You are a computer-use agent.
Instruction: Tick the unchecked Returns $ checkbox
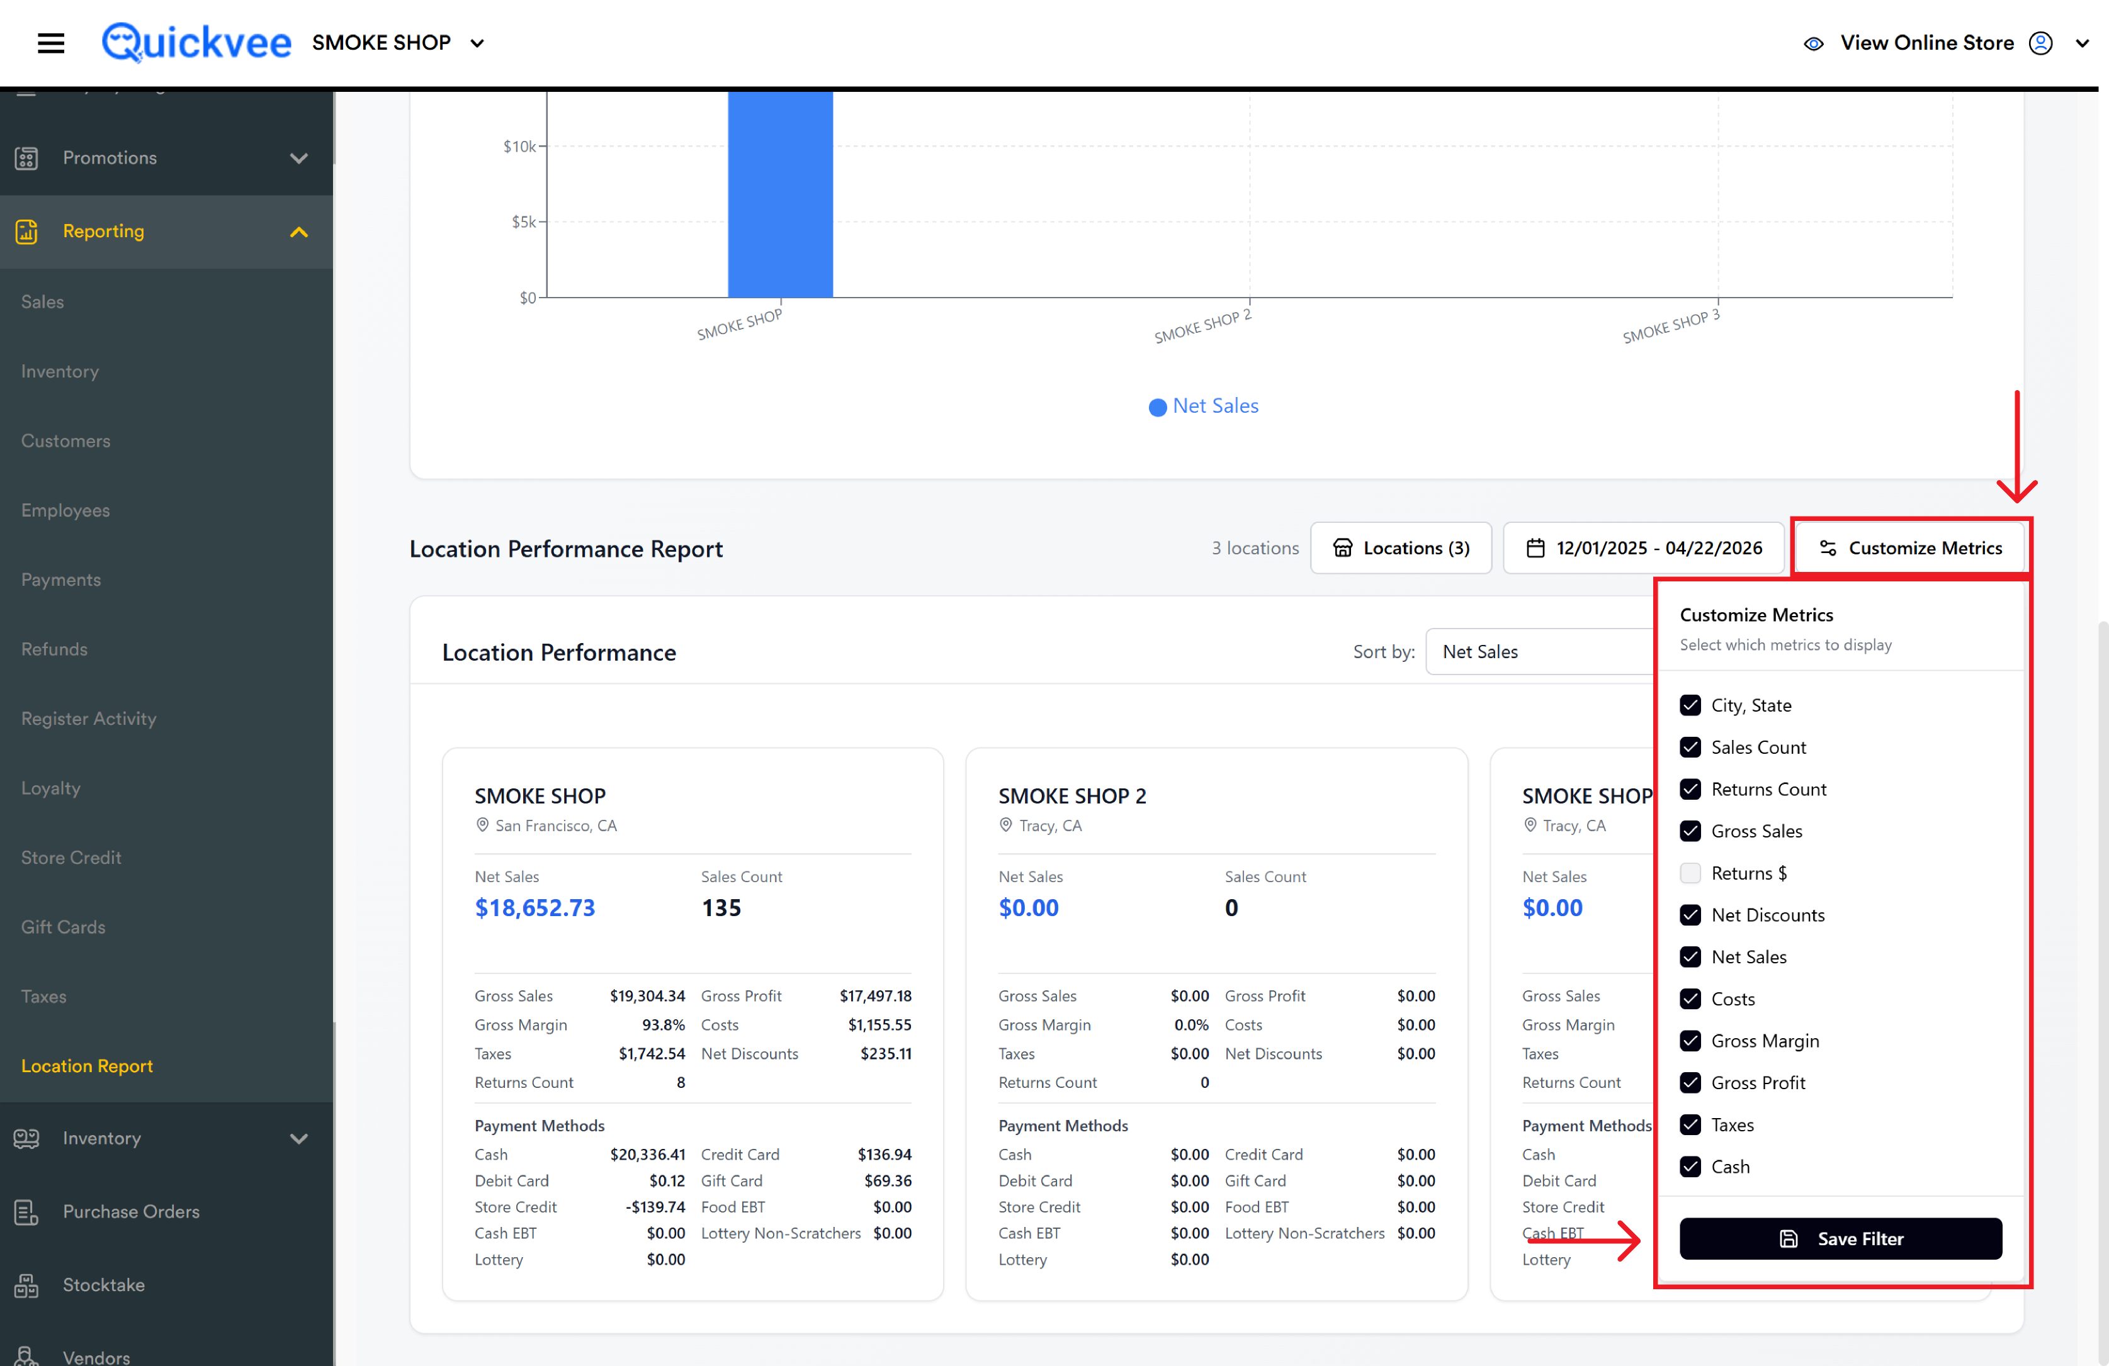(1690, 873)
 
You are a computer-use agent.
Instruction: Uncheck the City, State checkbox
(1690, 705)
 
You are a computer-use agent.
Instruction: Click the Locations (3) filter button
(1401, 548)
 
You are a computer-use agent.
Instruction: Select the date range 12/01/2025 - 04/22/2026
(1644, 548)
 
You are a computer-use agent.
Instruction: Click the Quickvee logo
(196, 43)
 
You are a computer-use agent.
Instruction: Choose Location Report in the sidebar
(87, 1066)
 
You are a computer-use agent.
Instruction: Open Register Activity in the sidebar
(89, 719)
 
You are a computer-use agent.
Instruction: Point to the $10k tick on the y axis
(542, 146)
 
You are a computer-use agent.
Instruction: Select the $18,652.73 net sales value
(534, 908)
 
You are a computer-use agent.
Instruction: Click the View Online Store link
(1926, 43)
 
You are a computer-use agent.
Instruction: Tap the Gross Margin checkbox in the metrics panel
(1690, 1041)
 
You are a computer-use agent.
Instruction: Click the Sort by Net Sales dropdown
(1540, 652)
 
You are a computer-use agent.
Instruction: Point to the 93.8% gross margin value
(663, 1025)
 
